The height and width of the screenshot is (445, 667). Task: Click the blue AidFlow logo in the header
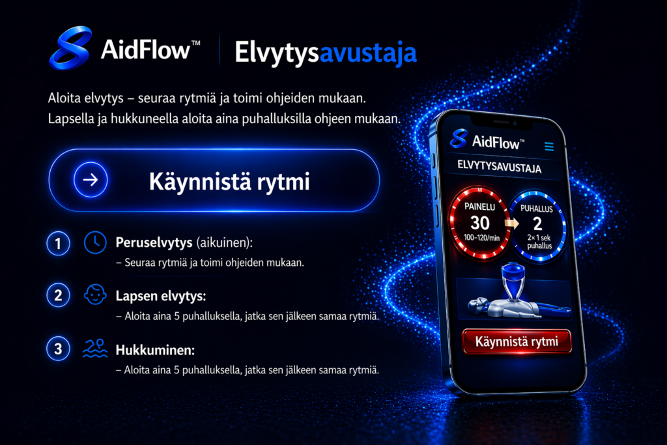70,48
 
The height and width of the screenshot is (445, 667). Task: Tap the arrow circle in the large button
91,180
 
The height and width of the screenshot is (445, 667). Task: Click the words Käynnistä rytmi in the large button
229,182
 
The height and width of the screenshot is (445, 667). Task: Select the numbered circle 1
58,243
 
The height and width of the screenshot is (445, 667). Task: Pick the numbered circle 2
58,295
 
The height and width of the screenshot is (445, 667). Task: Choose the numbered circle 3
58,349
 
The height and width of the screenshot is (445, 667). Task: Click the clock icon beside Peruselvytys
95,242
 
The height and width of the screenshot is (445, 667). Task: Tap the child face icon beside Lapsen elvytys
95,294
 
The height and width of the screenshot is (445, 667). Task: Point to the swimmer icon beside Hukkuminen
95,349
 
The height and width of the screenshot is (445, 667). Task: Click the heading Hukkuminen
155,350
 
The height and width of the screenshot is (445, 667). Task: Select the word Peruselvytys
154,243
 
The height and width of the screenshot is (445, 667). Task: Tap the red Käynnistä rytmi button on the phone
517,341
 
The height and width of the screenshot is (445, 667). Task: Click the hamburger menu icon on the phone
549,147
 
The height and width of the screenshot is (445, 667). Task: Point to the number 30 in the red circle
480,223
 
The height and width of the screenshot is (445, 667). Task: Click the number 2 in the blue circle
537,223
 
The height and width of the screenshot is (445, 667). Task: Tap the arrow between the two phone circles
512,223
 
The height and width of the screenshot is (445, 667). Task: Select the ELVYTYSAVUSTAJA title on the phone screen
500,166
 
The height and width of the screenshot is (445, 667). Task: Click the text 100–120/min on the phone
481,237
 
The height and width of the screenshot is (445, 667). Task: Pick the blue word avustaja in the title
368,53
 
